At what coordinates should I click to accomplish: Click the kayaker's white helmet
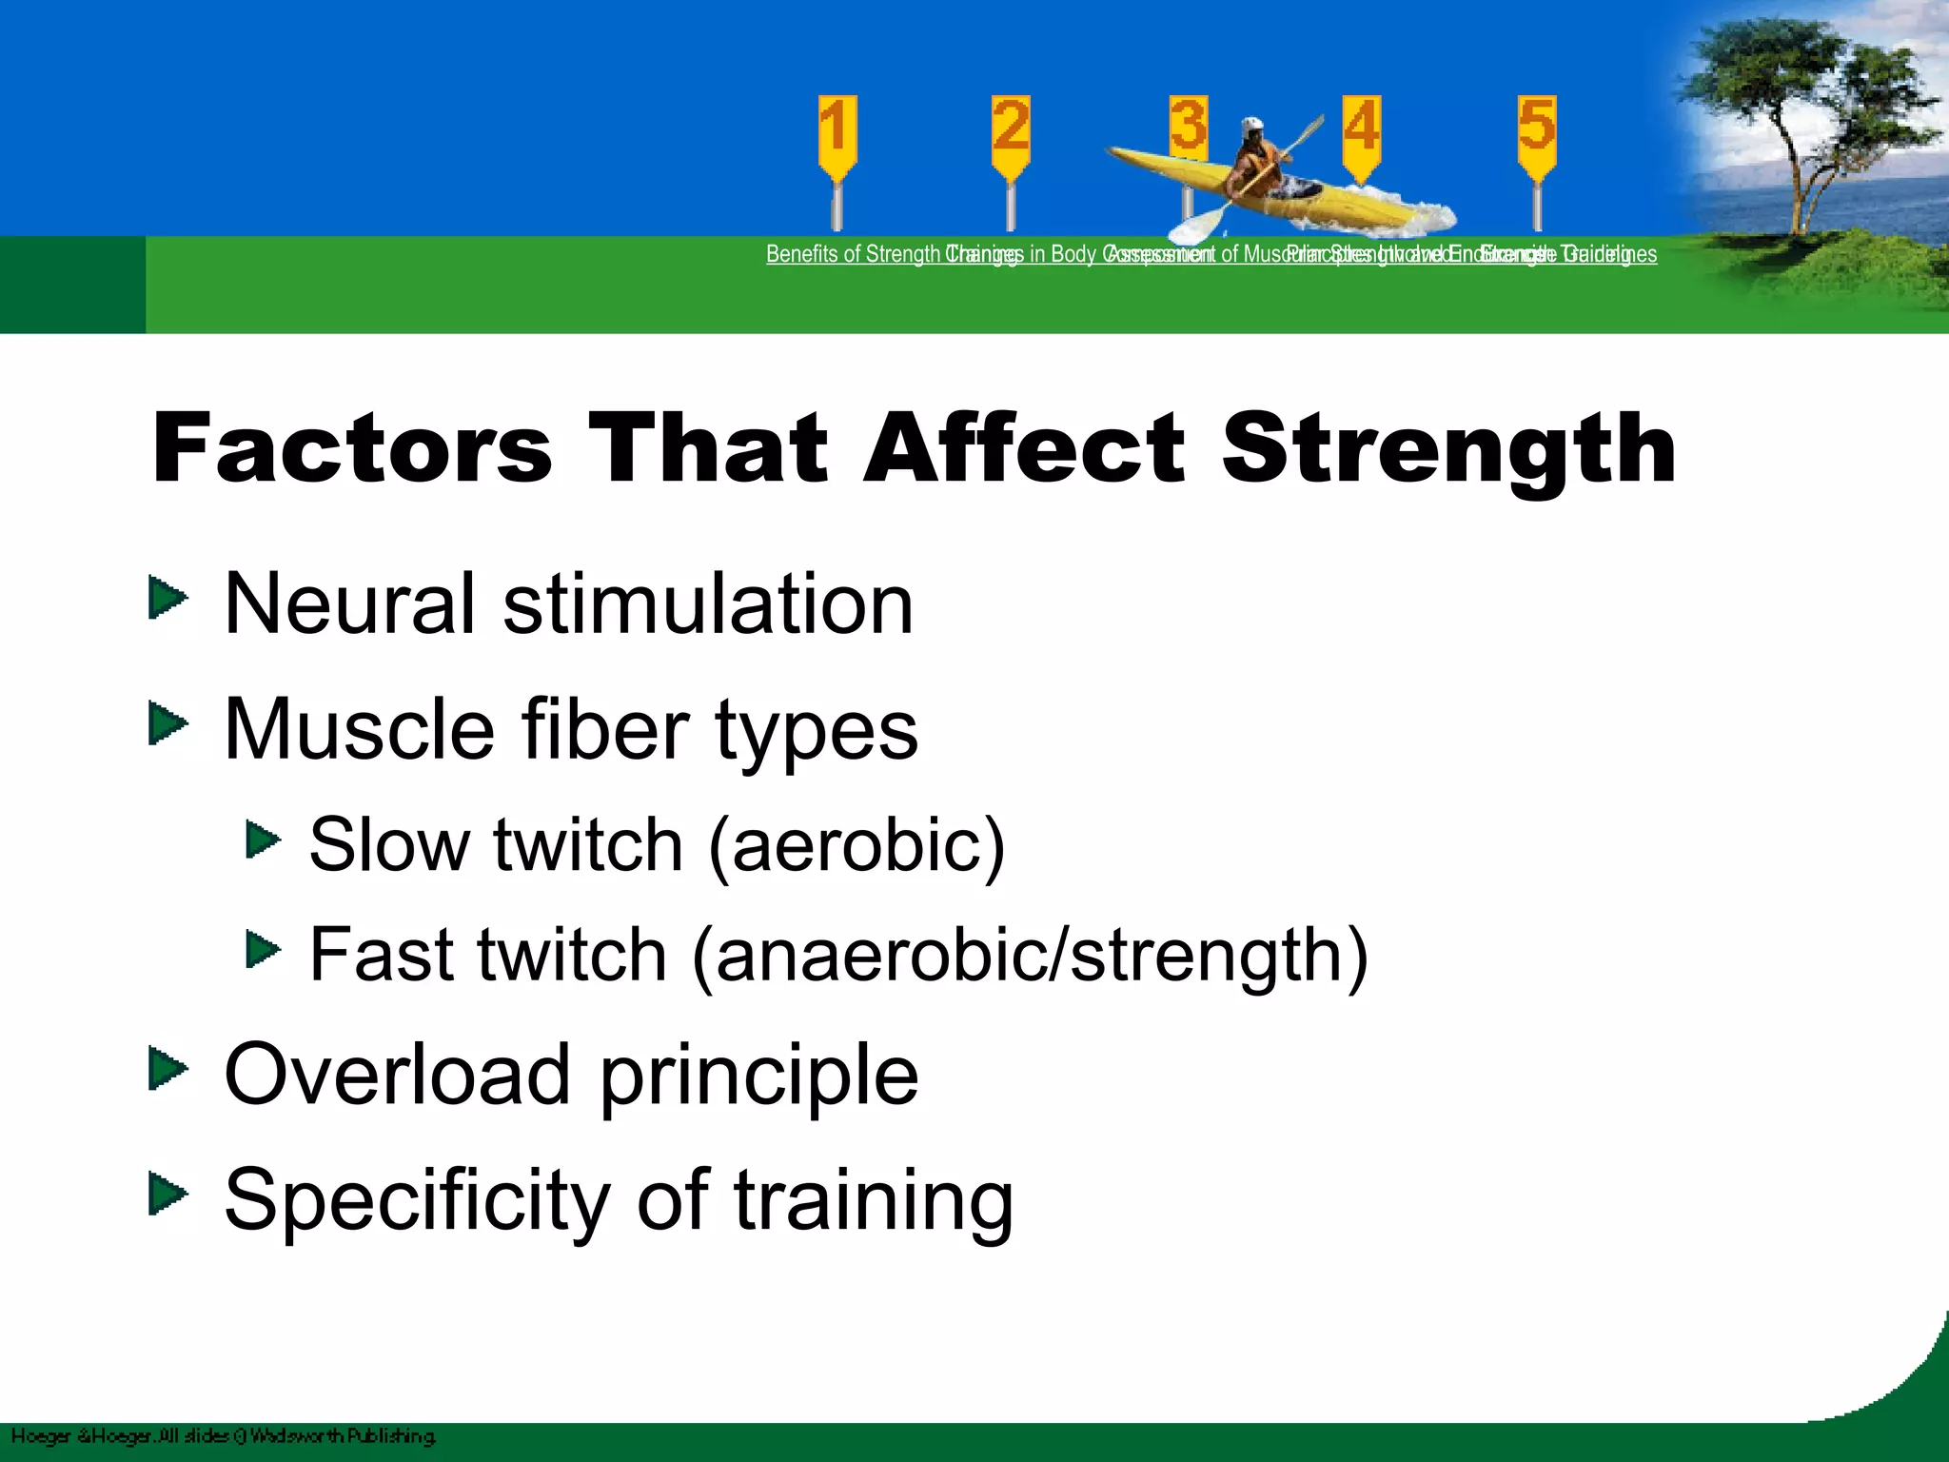(1253, 128)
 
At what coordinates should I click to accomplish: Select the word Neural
(348, 603)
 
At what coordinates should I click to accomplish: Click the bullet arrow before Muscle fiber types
(168, 725)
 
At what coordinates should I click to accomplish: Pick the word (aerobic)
(856, 845)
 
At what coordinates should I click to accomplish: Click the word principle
(758, 1076)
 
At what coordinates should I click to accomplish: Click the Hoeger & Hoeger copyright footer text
(224, 1435)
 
